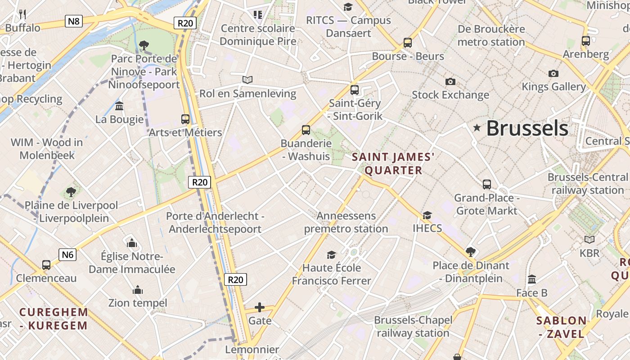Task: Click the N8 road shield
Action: click(x=74, y=21)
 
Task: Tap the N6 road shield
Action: click(x=67, y=255)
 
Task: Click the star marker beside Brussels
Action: click(x=477, y=128)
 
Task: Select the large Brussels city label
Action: click(x=527, y=128)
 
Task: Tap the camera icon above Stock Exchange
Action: click(x=450, y=81)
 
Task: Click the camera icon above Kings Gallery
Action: click(x=553, y=73)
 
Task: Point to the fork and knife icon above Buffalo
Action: click(x=22, y=14)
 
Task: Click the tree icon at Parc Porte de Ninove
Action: click(x=144, y=45)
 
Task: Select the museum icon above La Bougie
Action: click(x=119, y=106)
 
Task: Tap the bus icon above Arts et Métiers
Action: click(x=185, y=119)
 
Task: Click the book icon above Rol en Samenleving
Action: click(x=247, y=80)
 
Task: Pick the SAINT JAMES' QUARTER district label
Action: click(x=393, y=163)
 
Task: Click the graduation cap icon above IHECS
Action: click(x=427, y=215)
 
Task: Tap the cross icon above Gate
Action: click(x=260, y=308)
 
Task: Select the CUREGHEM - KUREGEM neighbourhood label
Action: click(x=54, y=319)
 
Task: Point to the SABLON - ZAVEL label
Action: click(x=562, y=327)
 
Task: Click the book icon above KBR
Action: click(x=589, y=240)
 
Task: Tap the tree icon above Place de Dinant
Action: click(x=471, y=252)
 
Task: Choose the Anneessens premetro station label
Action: click(x=346, y=222)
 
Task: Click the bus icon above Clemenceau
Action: click(x=46, y=265)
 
